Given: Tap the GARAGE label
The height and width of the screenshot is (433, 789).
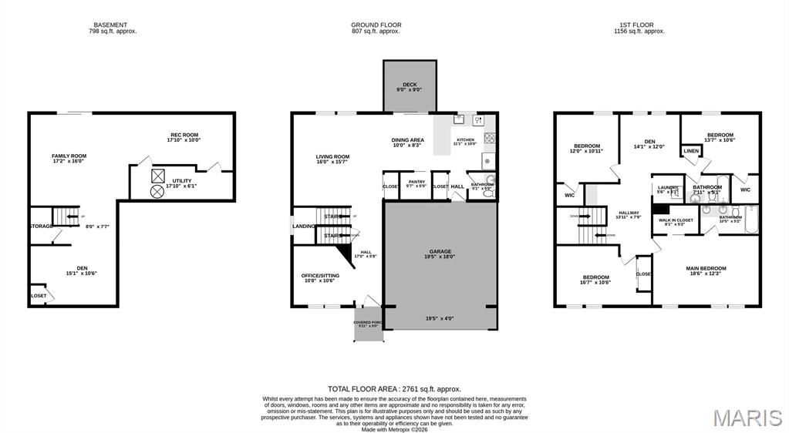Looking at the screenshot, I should pyautogui.click(x=440, y=251).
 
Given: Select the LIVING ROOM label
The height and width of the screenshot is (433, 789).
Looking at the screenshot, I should pyautogui.click(x=332, y=156).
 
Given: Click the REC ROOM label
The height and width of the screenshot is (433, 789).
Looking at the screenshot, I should pyautogui.click(x=184, y=135).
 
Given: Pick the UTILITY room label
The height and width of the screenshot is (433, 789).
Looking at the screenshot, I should pyautogui.click(x=182, y=181).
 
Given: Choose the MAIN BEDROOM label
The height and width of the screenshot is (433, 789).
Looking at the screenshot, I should pyautogui.click(x=706, y=268).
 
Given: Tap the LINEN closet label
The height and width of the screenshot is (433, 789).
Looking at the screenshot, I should pyautogui.click(x=690, y=151).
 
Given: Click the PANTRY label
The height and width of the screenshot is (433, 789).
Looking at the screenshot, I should pyautogui.click(x=416, y=182).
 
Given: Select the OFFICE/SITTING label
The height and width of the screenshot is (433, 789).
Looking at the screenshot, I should pyautogui.click(x=320, y=275).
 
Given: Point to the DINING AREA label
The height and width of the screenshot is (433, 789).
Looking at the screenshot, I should pyautogui.click(x=408, y=139).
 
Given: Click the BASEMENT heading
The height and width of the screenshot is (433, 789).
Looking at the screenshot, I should pyautogui.click(x=110, y=25).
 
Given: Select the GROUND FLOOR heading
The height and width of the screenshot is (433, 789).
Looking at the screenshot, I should pyautogui.click(x=376, y=25).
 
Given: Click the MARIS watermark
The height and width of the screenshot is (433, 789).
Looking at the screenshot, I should pyautogui.click(x=747, y=418).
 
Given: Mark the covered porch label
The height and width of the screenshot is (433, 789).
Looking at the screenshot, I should pyautogui.click(x=368, y=322).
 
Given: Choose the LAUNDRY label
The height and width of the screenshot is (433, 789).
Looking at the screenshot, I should pyautogui.click(x=667, y=187).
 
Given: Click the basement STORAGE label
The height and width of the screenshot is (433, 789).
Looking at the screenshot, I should pyautogui.click(x=41, y=226).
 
